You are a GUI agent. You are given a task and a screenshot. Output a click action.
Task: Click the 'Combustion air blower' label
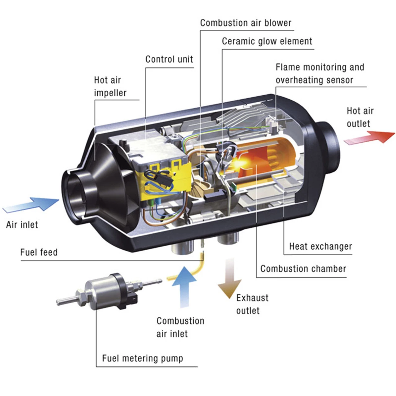point(246,23)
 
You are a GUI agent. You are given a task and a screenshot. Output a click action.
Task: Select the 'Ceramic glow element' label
point(267,41)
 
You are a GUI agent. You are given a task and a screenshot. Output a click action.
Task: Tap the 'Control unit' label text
point(169,59)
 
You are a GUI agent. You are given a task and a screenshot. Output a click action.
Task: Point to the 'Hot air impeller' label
point(110,87)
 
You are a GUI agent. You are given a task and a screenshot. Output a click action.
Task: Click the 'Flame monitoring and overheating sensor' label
point(320,74)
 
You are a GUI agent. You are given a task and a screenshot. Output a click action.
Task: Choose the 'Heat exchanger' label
point(321,247)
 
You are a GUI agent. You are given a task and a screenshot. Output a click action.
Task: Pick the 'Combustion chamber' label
point(303,269)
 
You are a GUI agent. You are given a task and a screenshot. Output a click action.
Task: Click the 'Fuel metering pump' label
point(143,359)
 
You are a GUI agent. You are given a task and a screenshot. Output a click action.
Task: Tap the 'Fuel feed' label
point(39,252)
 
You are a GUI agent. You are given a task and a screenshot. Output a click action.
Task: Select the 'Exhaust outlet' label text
point(252,304)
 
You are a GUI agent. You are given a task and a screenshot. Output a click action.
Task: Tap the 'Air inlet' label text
point(22,225)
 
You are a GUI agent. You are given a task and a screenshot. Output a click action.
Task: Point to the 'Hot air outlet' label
point(360,117)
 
